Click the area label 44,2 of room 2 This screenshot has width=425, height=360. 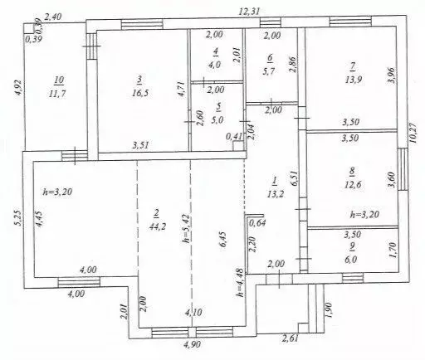(x=158, y=226)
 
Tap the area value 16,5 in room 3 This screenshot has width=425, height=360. (x=140, y=93)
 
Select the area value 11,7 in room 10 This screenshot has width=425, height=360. (x=57, y=94)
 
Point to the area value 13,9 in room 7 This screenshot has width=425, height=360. (x=354, y=80)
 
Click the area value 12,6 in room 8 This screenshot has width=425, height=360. (x=353, y=184)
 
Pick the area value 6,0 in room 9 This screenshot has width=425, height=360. (x=350, y=260)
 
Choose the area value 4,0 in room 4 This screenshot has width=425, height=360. (x=215, y=65)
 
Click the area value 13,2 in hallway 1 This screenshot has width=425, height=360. (x=276, y=194)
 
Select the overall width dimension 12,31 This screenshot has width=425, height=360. (x=249, y=12)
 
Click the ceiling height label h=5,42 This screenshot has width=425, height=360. (x=187, y=228)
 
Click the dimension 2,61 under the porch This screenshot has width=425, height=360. (x=290, y=338)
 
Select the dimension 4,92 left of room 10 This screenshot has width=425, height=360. (x=18, y=87)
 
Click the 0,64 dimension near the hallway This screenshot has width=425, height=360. (x=257, y=223)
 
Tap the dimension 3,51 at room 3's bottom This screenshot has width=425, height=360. (x=140, y=145)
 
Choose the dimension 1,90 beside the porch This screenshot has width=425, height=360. (x=329, y=309)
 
